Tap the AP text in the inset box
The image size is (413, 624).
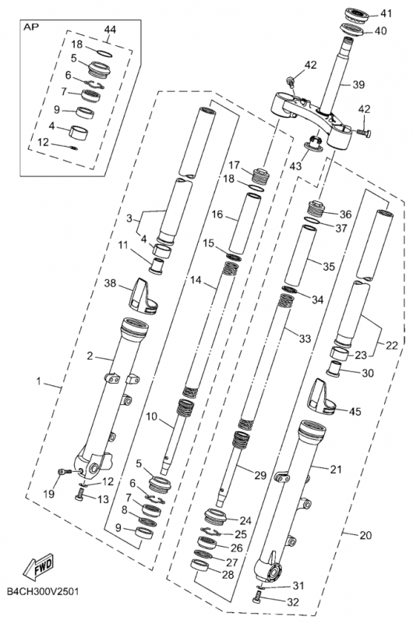coord(32,26)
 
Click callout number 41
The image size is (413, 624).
coord(387,14)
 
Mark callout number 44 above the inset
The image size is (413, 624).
coord(108,29)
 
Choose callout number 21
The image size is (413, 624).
coord(314,470)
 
